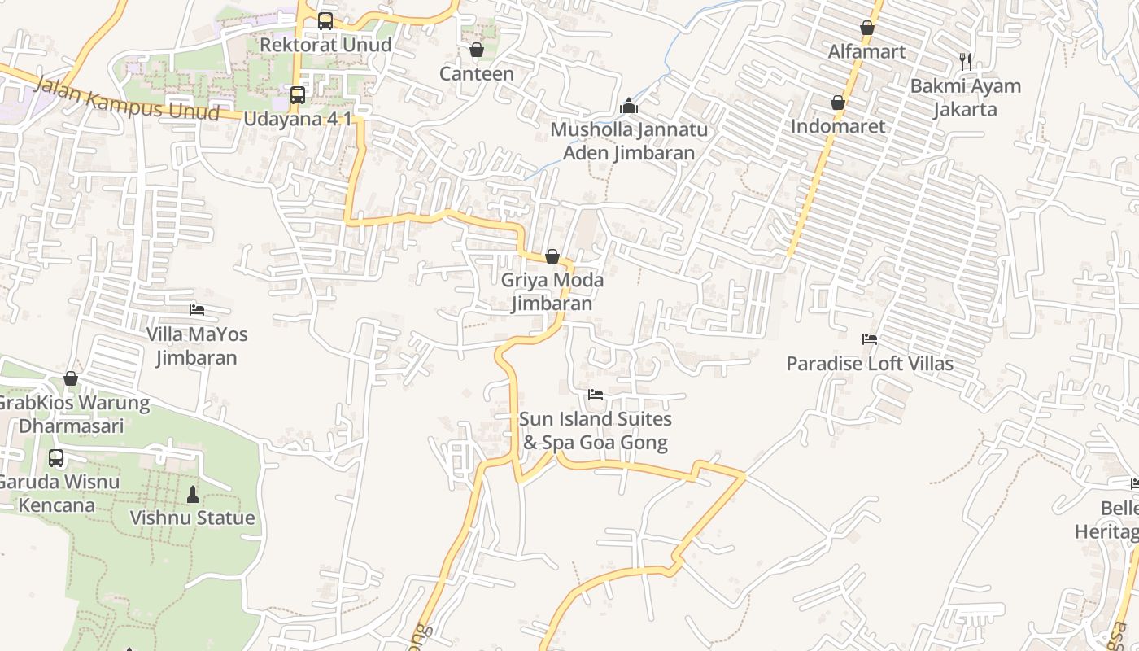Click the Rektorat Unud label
tap(325, 45)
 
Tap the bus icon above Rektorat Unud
tap(325, 21)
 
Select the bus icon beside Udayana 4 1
tap(298, 95)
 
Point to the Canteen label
tap(477, 74)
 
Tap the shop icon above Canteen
tap(477, 50)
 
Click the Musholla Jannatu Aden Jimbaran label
tap(629, 142)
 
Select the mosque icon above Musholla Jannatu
tap(628, 106)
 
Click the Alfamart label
tap(866, 52)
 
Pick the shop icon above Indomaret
tap(838, 103)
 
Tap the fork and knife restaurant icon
tap(966, 61)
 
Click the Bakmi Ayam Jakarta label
tap(965, 98)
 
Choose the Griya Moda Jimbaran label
tap(552, 292)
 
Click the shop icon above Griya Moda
tap(552, 257)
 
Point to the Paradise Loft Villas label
tap(870, 364)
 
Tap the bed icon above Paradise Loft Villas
tap(870, 339)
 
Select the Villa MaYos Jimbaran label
tap(197, 346)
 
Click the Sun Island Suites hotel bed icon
tap(596, 395)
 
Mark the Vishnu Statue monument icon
tap(193, 494)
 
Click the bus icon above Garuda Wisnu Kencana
tap(56, 458)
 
